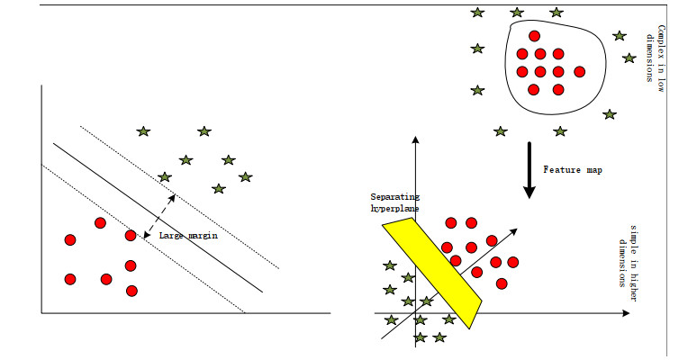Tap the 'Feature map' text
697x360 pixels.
coord(572,168)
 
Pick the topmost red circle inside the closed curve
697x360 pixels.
coord(534,37)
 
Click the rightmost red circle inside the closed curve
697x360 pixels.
coord(579,72)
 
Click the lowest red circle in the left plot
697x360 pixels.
coord(131,291)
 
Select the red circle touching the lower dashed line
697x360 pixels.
coord(131,236)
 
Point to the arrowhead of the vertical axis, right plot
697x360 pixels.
coord(415,141)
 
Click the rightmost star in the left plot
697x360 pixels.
coord(245,176)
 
